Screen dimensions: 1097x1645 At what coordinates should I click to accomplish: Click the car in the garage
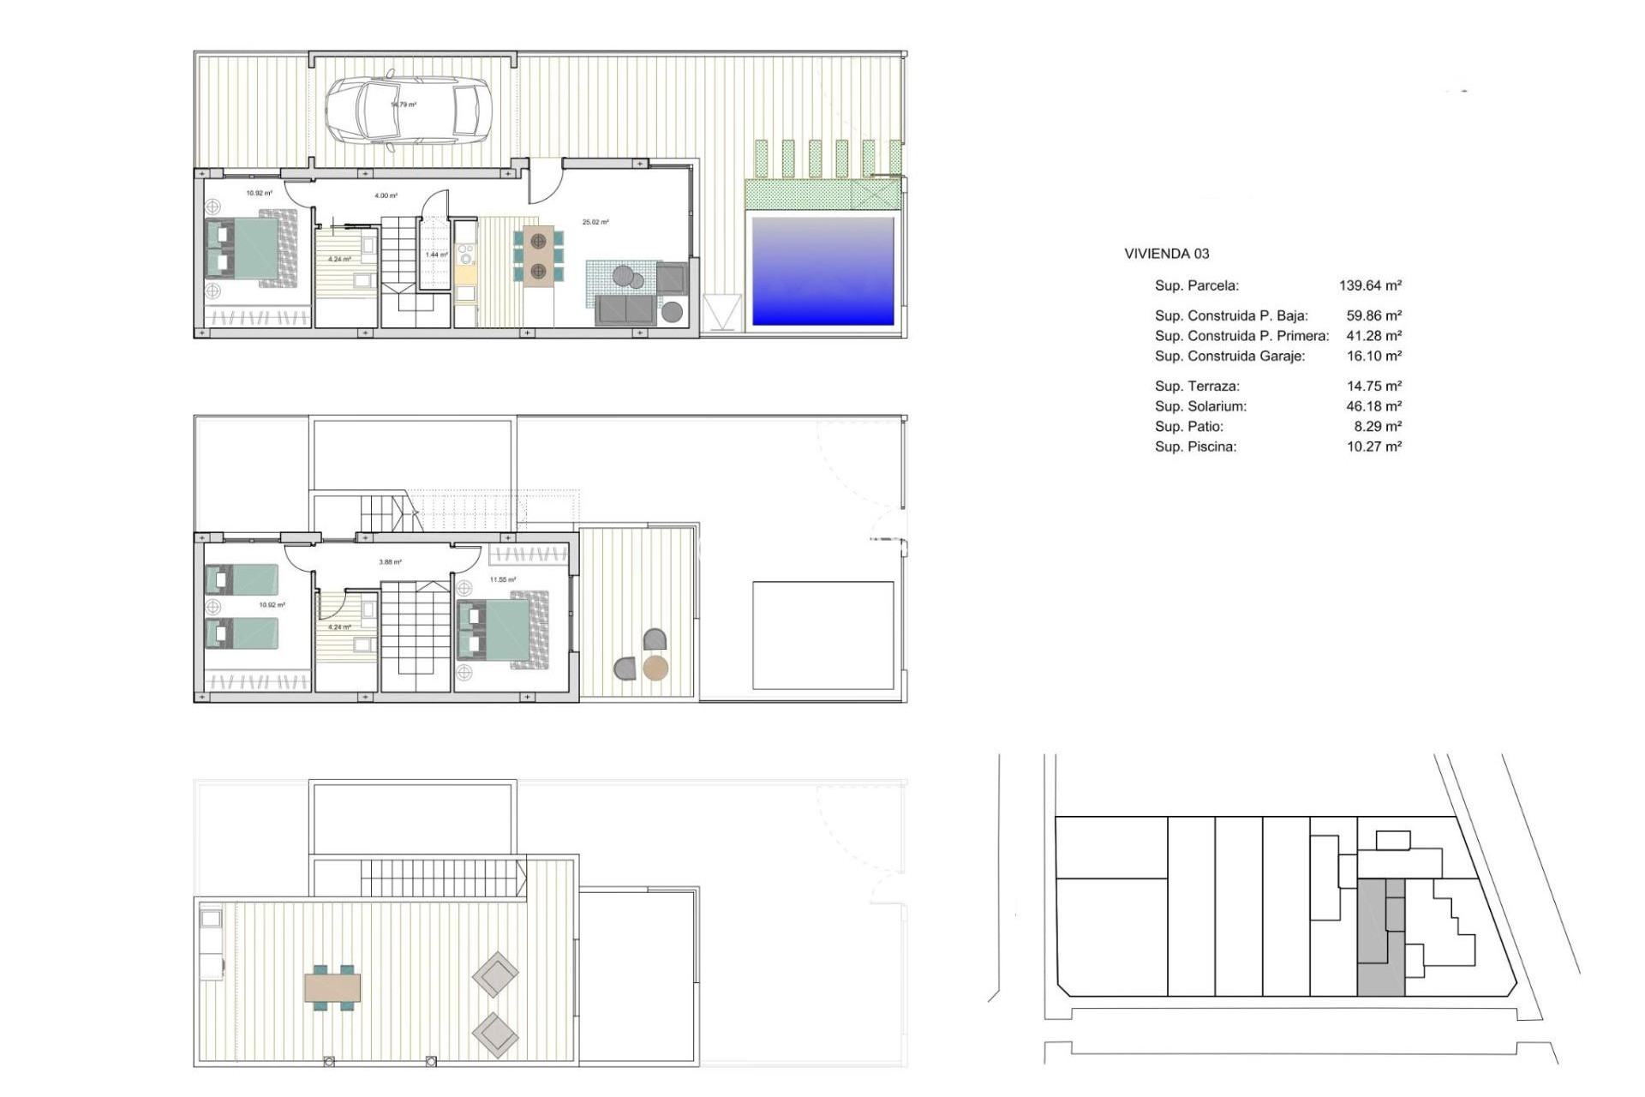(408, 112)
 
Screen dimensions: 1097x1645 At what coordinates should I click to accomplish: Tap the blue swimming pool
(822, 271)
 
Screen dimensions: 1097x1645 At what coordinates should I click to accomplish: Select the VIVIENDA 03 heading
(1166, 254)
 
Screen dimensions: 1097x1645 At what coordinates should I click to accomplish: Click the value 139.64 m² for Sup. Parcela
(1370, 285)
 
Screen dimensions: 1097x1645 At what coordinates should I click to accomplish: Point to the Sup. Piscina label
(1195, 447)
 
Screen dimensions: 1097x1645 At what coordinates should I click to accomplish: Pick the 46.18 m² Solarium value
(1373, 406)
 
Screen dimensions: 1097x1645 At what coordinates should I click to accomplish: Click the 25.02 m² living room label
(595, 222)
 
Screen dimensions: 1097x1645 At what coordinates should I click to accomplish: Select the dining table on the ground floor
(538, 255)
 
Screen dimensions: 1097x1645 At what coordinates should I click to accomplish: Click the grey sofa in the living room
(625, 310)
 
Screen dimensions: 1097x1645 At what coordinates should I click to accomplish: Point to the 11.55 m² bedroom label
(503, 580)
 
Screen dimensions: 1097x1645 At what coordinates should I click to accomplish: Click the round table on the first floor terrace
(655, 668)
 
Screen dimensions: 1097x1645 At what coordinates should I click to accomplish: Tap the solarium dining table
(332, 987)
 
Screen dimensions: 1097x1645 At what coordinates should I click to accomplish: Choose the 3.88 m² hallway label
(390, 562)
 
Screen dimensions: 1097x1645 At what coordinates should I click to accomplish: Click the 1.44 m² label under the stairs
(437, 255)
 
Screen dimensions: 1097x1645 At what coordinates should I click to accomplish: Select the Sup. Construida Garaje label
(1229, 356)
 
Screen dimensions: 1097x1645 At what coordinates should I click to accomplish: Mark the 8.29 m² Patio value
(1378, 426)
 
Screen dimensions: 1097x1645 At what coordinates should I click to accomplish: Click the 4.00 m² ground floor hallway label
(386, 195)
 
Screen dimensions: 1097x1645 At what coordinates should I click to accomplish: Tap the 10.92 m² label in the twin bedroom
(272, 605)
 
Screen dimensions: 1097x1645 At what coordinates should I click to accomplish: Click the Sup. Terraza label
(1197, 386)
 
